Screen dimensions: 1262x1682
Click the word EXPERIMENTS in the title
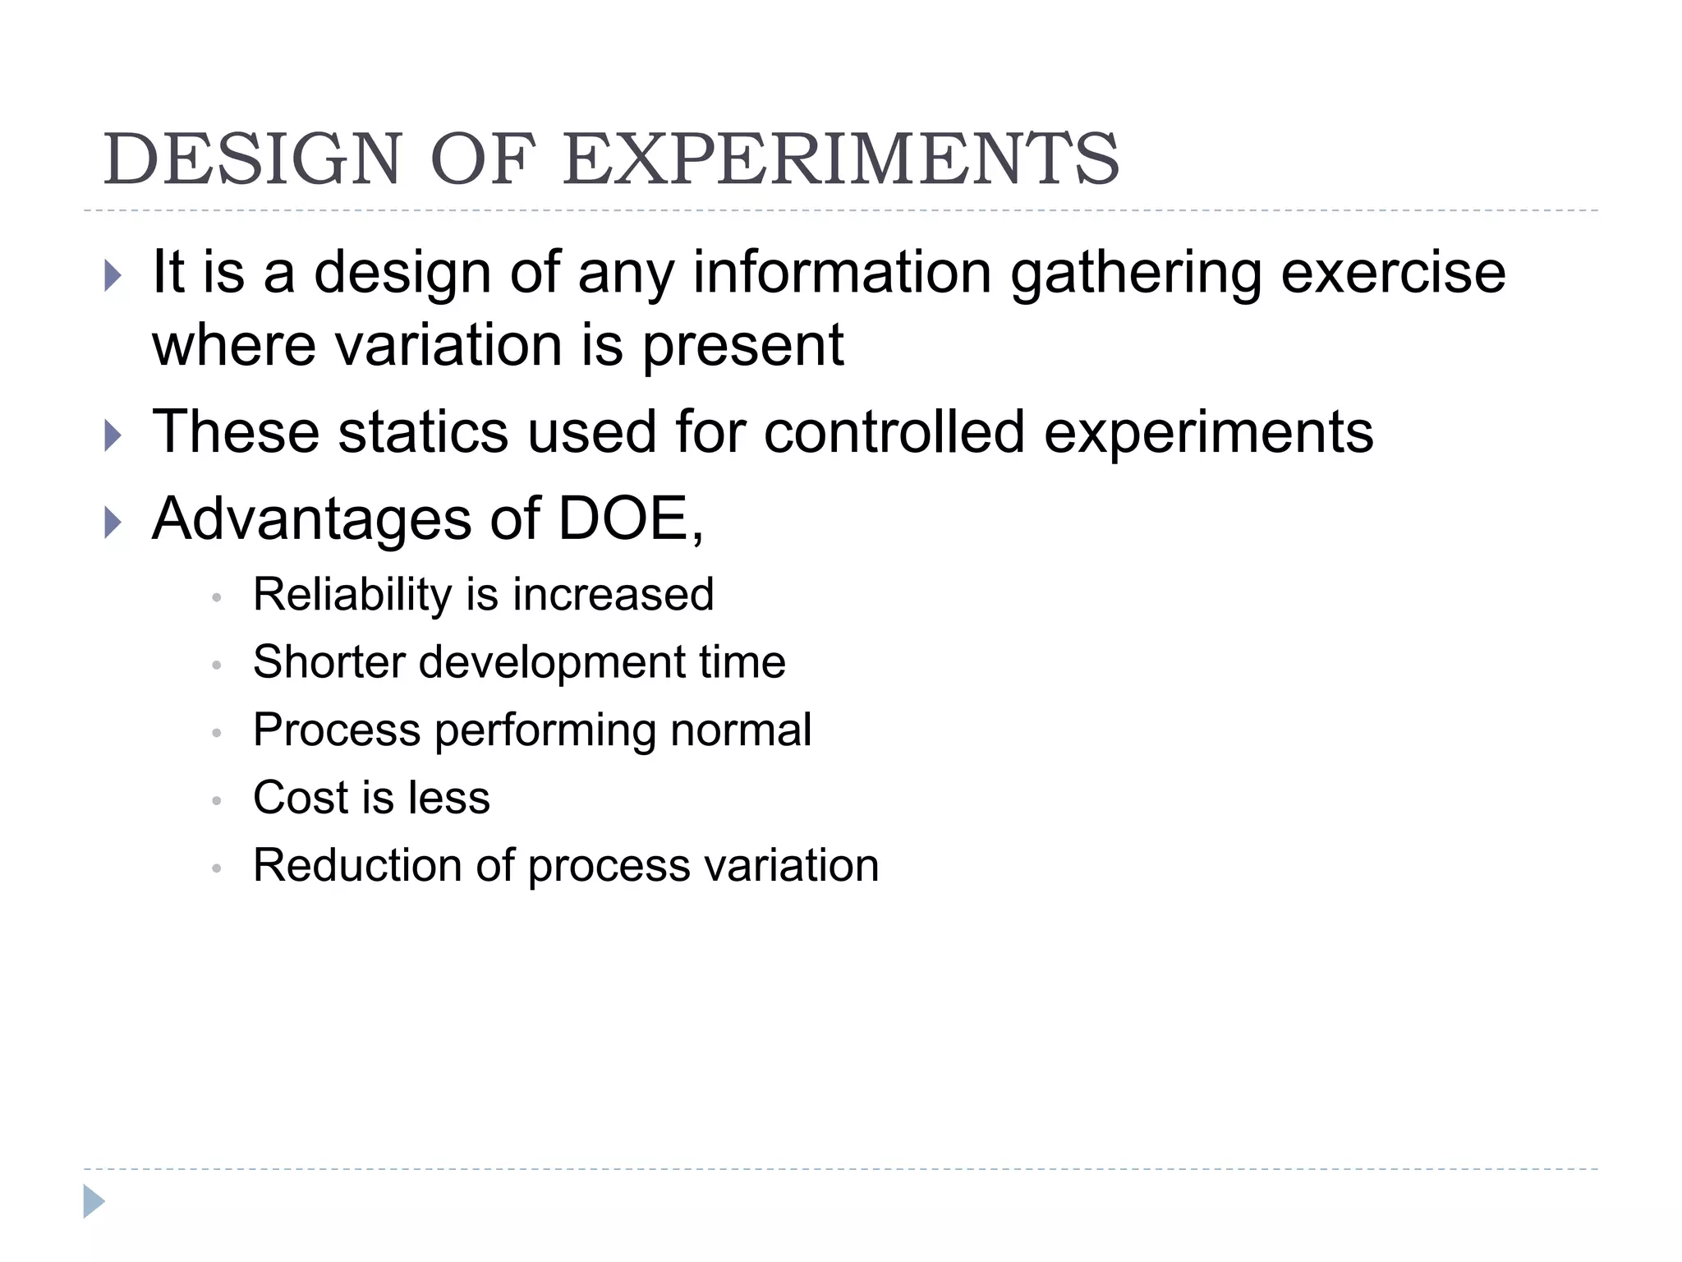pos(840,159)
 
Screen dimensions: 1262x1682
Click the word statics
pos(423,432)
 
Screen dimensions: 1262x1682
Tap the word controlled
pos(894,432)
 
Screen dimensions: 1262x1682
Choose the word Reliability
pos(352,595)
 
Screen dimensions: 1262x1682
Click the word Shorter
pos(329,662)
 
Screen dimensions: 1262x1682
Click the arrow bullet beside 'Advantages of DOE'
pos(113,523)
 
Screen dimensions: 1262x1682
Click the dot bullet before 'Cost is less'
pos(217,800)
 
